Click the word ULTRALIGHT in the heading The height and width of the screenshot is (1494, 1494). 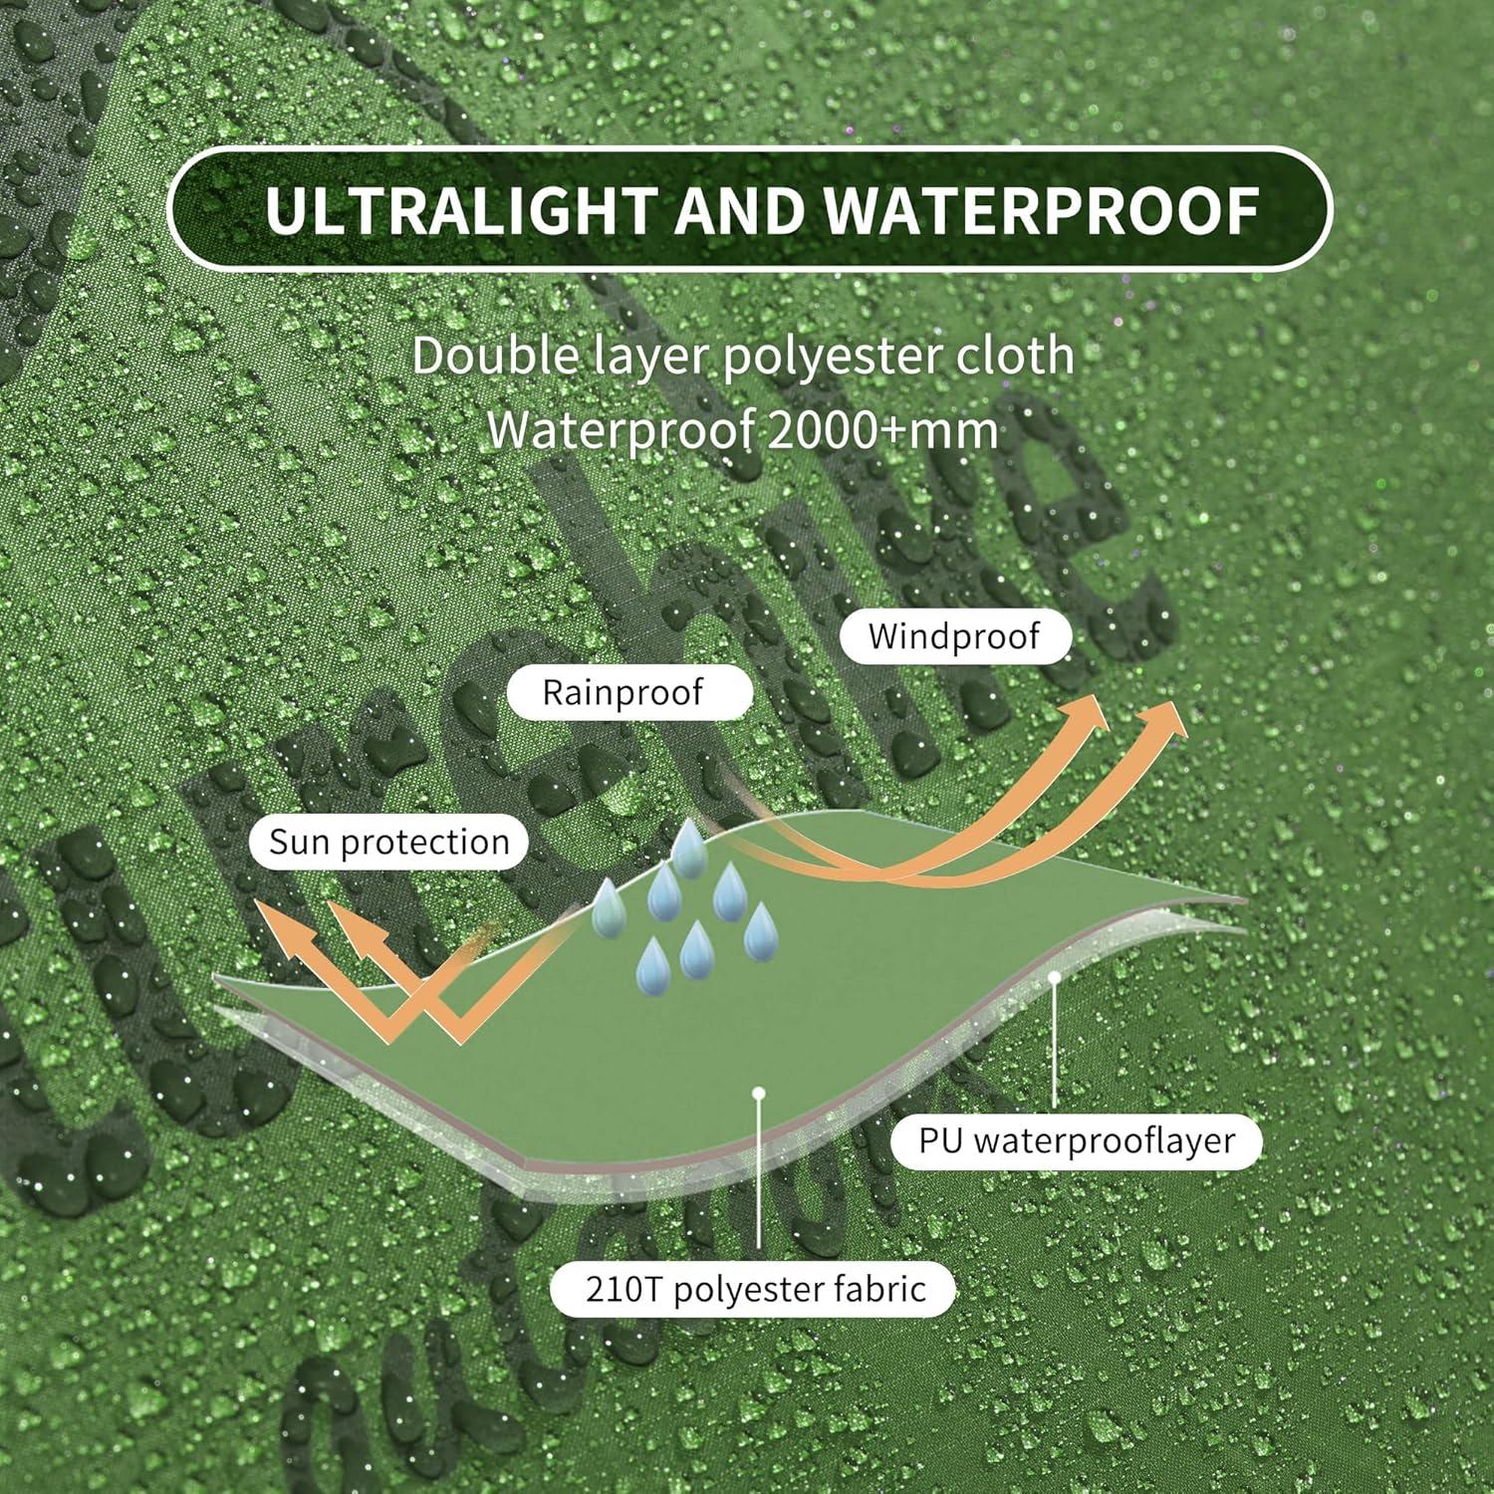click(x=457, y=210)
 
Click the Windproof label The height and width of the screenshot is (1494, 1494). click(x=954, y=636)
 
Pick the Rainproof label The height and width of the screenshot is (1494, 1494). click(x=622, y=693)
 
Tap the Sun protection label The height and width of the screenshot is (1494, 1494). click(x=389, y=843)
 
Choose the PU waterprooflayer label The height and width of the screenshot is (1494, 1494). click(x=1077, y=1140)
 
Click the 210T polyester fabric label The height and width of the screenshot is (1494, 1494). click(x=755, y=1290)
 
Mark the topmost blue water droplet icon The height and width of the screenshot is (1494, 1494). click(x=688, y=850)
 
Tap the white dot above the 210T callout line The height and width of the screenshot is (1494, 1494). click(x=759, y=1093)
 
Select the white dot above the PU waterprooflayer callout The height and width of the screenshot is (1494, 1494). click(x=1054, y=978)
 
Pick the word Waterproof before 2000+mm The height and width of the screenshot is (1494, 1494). click(x=620, y=430)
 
